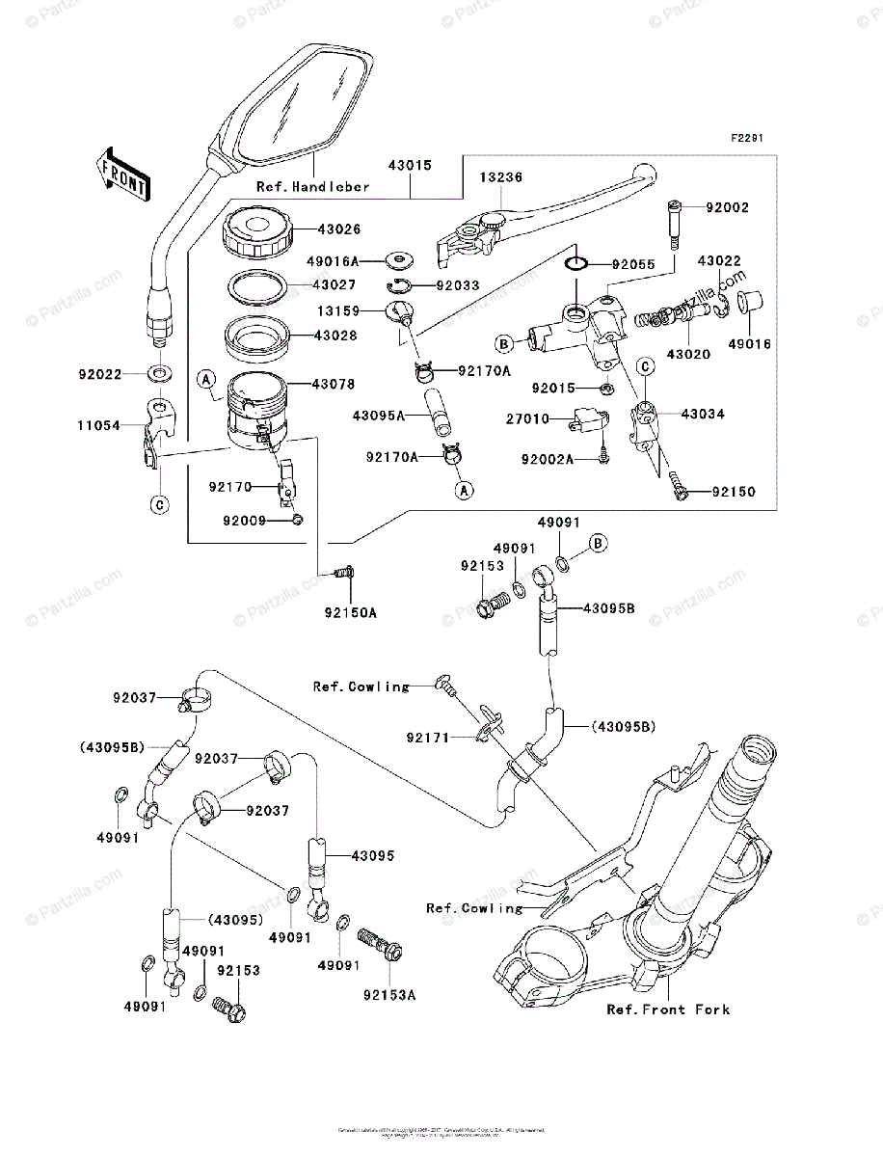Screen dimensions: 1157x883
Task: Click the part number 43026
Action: tap(313, 229)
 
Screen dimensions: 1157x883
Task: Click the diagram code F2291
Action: tap(746, 139)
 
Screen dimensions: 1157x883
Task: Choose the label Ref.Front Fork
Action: tap(668, 1009)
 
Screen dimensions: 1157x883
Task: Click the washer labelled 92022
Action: tap(160, 372)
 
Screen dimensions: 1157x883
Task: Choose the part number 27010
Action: tap(527, 419)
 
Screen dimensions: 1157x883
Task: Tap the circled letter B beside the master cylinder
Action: tap(502, 343)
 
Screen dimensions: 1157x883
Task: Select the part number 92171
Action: tap(427, 738)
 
